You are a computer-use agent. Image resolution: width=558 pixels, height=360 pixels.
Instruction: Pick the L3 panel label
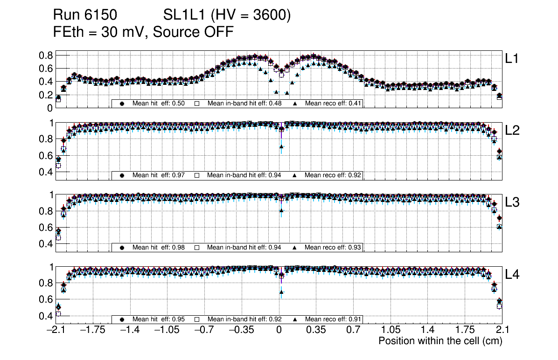(512, 202)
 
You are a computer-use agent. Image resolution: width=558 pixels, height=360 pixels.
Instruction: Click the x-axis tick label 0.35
(316, 331)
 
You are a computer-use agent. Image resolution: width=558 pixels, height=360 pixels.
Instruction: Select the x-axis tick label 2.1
(502, 331)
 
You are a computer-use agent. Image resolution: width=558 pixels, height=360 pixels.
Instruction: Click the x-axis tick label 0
(279, 331)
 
